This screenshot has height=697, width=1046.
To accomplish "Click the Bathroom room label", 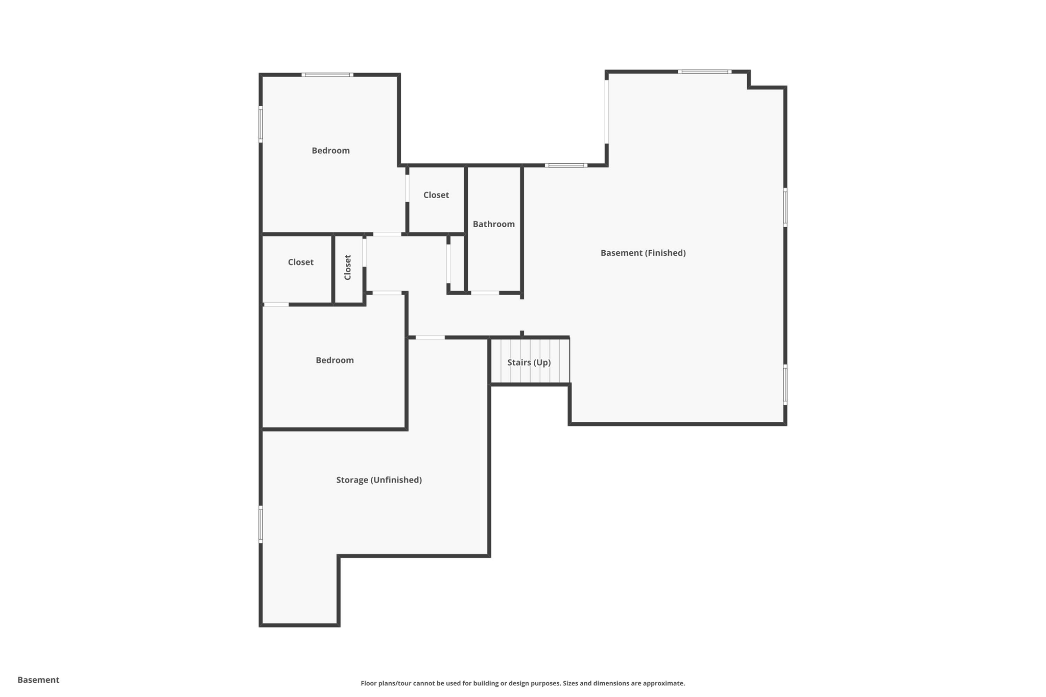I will [x=493, y=224].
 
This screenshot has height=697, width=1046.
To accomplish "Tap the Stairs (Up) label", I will [x=529, y=363].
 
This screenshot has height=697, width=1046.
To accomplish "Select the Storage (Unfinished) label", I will [x=378, y=480].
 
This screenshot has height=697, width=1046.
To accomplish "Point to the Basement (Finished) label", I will [x=643, y=253].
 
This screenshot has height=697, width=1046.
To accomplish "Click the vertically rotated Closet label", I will [x=348, y=268].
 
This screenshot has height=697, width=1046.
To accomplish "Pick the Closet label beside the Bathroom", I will [x=436, y=195].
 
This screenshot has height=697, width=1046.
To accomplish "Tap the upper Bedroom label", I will [x=330, y=151].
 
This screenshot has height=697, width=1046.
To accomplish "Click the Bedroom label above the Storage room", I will [x=335, y=360].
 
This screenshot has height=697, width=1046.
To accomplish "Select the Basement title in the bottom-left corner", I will [x=38, y=680].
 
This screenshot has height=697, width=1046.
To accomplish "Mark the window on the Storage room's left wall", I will [x=261, y=524].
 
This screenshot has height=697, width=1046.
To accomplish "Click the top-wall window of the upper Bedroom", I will [x=327, y=75].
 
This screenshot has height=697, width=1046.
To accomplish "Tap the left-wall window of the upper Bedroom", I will [x=261, y=124].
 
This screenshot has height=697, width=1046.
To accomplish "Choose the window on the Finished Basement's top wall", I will [x=704, y=72].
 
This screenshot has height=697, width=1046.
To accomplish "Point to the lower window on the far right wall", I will [x=785, y=384].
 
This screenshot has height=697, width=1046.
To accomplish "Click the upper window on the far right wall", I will [x=785, y=207].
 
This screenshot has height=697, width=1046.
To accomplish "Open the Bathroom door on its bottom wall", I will [x=485, y=293].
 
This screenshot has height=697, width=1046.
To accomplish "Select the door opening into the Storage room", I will [x=430, y=338].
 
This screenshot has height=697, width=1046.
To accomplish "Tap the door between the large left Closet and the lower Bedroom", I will [x=276, y=305].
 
